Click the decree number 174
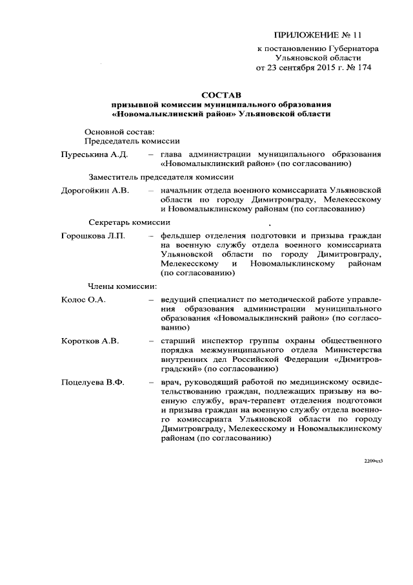[x=362, y=67]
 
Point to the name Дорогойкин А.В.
[x=96, y=191]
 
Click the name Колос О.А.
[x=83, y=300]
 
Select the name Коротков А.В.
[x=90, y=341]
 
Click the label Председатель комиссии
[x=132, y=141]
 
